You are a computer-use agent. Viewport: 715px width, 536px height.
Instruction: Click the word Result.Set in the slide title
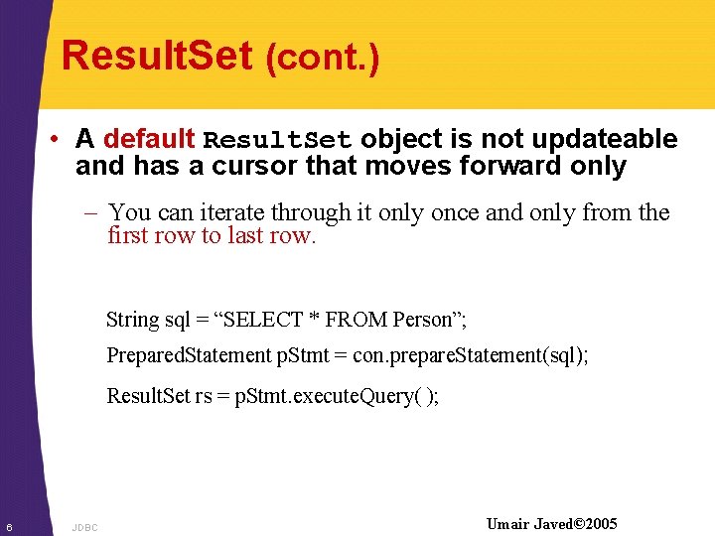pyautogui.click(x=157, y=56)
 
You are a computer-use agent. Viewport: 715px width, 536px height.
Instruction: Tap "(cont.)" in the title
pyautogui.click(x=323, y=59)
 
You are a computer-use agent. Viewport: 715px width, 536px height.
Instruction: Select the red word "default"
pyautogui.click(x=149, y=139)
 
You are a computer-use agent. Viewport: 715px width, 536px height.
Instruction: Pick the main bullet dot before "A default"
pyautogui.click(x=60, y=140)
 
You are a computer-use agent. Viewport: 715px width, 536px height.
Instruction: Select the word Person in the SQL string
pyautogui.click(x=422, y=320)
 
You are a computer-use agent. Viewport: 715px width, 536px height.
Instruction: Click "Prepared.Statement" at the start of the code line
pyautogui.click(x=188, y=355)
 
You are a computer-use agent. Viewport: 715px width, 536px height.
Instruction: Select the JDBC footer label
pyautogui.click(x=85, y=527)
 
